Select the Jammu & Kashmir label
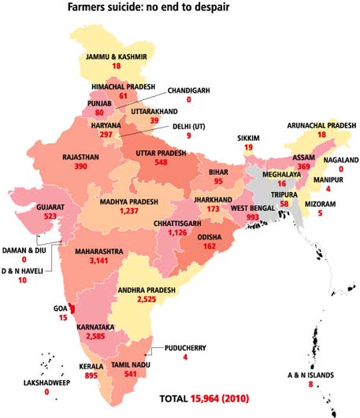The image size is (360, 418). click(116, 57)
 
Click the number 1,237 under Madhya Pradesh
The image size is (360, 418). click(135, 212)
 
